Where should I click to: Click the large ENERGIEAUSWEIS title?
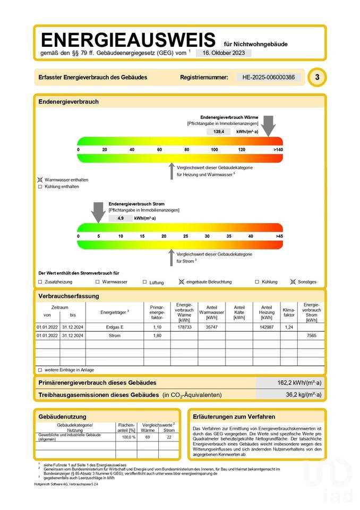pyautogui.click(x=128, y=40)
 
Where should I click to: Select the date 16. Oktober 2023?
pyautogui.click(x=223, y=53)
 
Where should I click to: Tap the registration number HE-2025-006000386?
pyautogui.click(x=268, y=78)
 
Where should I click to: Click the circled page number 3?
pyautogui.click(x=317, y=78)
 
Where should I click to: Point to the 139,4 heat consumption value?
pyautogui.click(x=218, y=131)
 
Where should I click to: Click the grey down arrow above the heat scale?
pyautogui.click(x=269, y=126)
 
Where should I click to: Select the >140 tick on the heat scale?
pyautogui.click(x=278, y=150)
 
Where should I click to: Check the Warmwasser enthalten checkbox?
pyautogui.click(x=40, y=180)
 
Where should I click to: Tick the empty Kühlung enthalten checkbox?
pyautogui.click(x=40, y=187)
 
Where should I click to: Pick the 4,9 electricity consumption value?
pyautogui.click(x=121, y=218)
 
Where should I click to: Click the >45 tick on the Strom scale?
pyautogui.click(x=279, y=236)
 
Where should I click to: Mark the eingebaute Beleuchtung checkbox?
pyautogui.click(x=182, y=282)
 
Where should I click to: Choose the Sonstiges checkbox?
pyautogui.click(x=293, y=282)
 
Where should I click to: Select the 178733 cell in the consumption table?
pyautogui.click(x=184, y=327)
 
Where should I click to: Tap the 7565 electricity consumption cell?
pyautogui.click(x=311, y=336)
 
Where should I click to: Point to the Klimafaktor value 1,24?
pyautogui.click(x=289, y=327)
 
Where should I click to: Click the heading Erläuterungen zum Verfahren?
pyautogui.click(x=234, y=416)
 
